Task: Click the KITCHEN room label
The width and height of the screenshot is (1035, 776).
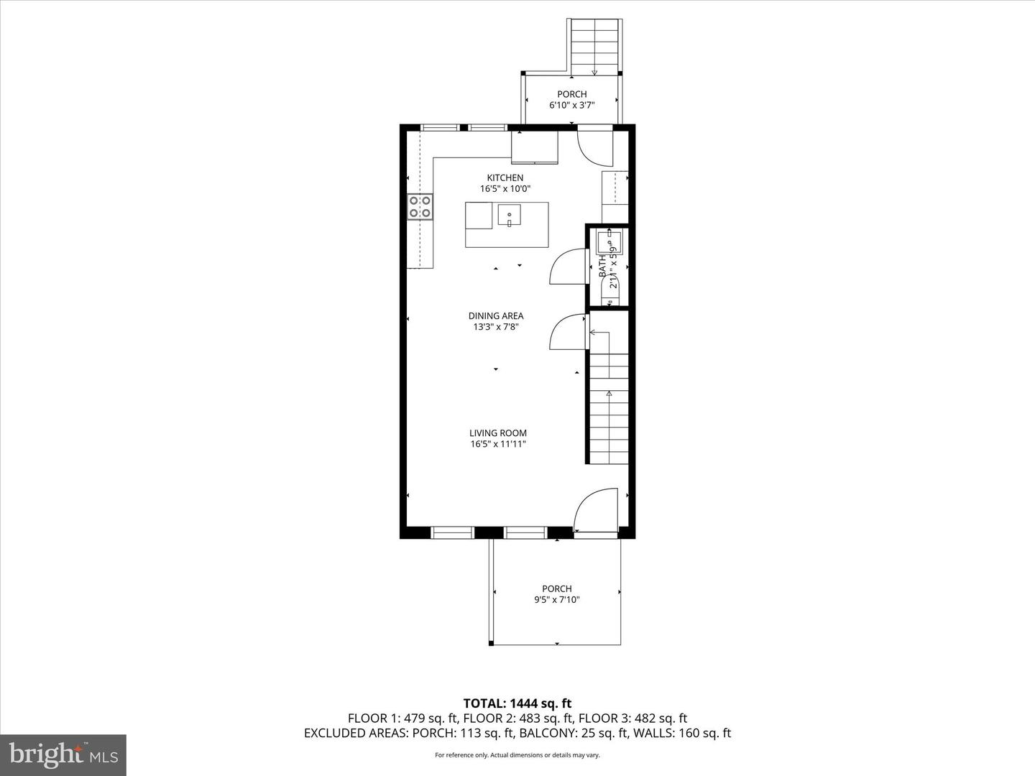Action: point(505,177)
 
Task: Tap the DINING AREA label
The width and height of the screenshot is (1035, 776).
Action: point(495,315)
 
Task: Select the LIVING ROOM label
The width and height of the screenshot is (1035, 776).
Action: point(498,433)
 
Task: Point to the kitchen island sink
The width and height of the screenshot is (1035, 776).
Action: point(510,216)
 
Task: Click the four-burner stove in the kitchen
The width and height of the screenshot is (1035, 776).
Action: point(420,207)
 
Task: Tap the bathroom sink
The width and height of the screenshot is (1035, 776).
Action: point(608,241)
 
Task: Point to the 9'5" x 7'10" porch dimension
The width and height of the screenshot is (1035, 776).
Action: point(556,600)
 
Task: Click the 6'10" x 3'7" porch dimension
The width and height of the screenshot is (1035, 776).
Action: point(572,105)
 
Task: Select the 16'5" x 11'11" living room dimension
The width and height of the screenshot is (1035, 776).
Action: point(498,443)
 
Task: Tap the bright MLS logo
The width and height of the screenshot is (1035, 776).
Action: point(63,754)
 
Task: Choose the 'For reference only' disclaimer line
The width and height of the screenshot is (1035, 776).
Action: point(517,755)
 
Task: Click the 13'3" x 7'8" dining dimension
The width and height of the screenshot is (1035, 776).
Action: point(495,326)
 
